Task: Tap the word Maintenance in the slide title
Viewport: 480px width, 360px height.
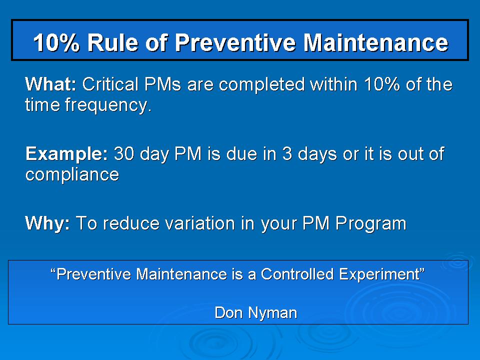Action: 376,43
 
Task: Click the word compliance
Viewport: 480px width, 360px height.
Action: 72,174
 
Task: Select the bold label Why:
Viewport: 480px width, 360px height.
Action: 47,223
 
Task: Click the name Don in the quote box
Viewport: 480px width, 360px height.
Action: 227,313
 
